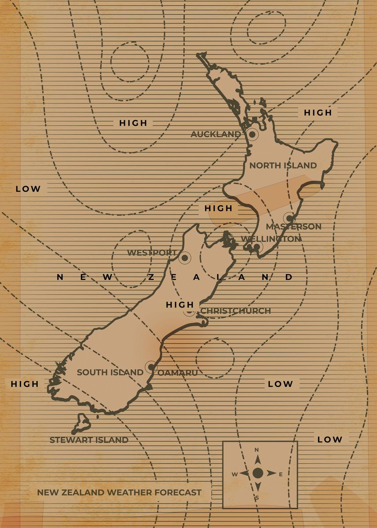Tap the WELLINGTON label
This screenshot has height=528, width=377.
click(271, 238)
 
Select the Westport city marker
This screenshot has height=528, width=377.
click(185, 257)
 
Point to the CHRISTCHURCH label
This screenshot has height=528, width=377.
click(236, 311)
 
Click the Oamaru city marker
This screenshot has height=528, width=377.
click(151, 367)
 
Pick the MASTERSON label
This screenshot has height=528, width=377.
click(293, 227)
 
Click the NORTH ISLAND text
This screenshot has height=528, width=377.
click(283, 165)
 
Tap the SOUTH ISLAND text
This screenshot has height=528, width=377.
click(110, 372)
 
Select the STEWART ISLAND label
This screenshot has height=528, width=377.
click(89, 440)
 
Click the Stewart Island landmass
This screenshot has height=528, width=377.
click(82, 423)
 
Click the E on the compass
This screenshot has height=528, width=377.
click(281, 474)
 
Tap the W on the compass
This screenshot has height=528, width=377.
click(235, 474)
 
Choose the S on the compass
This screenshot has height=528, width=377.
click(258, 498)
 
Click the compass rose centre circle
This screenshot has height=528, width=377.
click(258, 473)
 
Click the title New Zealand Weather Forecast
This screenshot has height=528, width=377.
click(119, 492)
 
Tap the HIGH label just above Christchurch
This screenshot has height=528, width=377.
click(179, 304)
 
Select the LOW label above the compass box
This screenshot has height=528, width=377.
click(329, 439)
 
